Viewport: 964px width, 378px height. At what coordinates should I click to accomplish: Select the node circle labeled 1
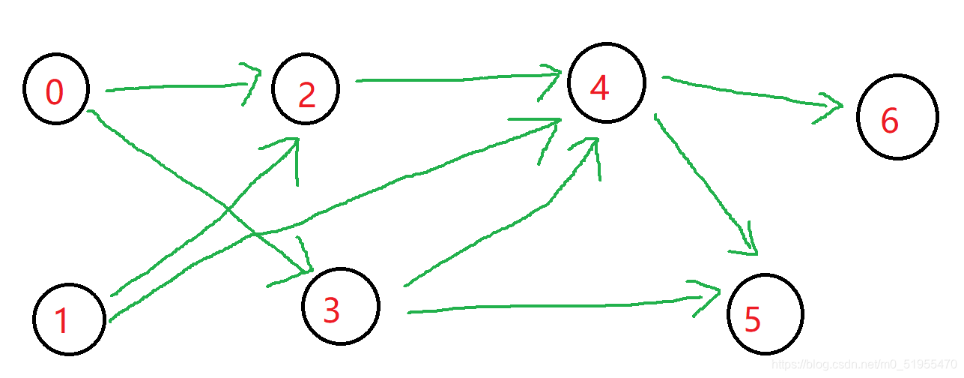click(x=69, y=319)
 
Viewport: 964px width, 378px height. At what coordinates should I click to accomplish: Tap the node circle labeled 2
click(x=306, y=90)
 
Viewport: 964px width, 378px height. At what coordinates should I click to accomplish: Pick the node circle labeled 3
click(x=341, y=306)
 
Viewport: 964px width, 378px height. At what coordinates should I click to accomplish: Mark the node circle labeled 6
click(x=897, y=117)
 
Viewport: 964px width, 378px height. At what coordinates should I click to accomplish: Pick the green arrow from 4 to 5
click(x=704, y=180)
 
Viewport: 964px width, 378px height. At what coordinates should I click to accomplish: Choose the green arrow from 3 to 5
click(x=554, y=305)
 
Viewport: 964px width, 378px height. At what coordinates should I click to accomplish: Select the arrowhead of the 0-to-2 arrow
click(x=251, y=84)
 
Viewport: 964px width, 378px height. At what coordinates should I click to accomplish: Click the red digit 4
click(x=599, y=88)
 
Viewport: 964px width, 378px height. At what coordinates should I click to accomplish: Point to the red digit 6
click(x=889, y=121)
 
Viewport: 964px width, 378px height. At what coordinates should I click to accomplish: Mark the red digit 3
click(x=331, y=310)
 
